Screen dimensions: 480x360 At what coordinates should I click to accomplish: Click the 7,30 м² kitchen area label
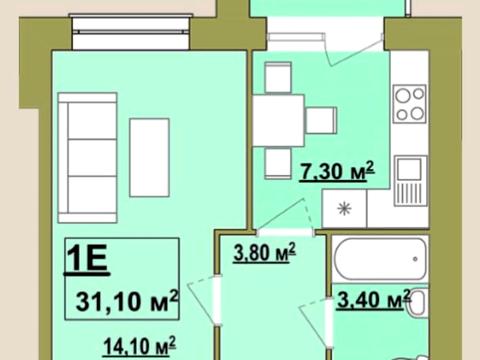point(337,172)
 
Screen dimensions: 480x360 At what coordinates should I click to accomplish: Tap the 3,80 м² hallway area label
point(264,252)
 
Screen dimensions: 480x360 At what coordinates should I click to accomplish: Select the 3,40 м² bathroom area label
point(373,299)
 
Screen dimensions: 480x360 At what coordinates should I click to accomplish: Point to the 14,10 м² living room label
point(139,347)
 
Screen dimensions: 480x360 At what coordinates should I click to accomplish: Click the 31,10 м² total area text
point(127,301)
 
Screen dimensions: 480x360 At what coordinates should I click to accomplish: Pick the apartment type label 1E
point(87,259)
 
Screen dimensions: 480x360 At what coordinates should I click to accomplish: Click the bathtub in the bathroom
point(380,259)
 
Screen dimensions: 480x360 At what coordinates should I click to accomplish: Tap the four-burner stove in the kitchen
point(410,104)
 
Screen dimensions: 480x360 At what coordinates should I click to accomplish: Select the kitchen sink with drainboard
point(411,181)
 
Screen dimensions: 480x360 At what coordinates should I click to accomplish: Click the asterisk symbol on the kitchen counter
point(344,209)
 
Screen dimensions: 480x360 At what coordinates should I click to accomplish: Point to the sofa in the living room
point(87,158)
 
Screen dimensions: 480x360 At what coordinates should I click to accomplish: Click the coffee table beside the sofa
point(149,158)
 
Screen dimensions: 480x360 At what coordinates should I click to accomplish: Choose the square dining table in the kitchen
point(278,120)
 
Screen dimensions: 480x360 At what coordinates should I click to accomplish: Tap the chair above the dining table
point(278,77)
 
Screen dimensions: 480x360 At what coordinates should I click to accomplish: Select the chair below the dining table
point(278,163)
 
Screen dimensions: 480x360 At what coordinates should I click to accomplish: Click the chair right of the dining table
point(321,120)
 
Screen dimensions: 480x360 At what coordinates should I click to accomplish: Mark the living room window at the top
point(131,32)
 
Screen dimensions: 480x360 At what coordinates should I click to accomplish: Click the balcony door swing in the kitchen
point(353,50)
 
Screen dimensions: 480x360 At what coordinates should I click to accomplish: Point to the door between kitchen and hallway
point(285,216)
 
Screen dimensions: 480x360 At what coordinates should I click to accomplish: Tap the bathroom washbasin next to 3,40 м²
point(418,303)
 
